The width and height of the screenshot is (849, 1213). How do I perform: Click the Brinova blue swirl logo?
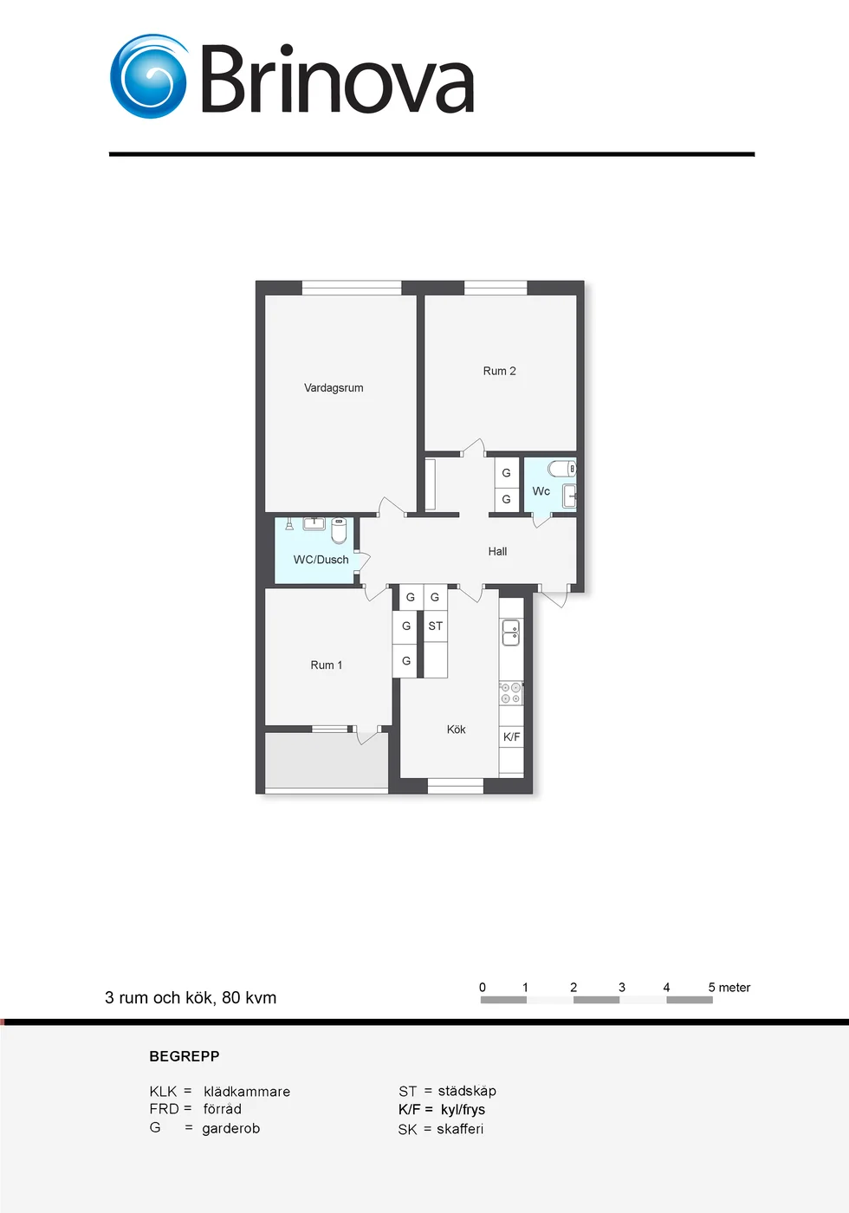pos(149,76)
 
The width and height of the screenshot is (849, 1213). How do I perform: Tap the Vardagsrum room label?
pos(334,388)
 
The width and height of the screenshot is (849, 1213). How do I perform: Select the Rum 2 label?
pos(499,371)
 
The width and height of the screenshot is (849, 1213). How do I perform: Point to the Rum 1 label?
pos(326,665)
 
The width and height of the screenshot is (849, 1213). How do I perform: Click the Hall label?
pos(497,551)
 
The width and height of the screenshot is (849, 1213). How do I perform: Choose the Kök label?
pos(456,730)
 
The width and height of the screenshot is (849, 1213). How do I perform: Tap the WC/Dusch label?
pos(321,560)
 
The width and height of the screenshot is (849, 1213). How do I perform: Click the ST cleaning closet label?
pos(435,626)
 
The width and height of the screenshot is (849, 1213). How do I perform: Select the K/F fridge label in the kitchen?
pos(512,736)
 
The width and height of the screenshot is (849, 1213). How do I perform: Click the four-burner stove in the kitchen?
pos(510,692)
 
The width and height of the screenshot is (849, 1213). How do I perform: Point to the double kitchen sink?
pos(510,632)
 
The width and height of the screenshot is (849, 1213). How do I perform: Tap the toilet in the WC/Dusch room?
pos(339,530)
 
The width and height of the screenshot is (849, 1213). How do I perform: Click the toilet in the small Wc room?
pos(562,468)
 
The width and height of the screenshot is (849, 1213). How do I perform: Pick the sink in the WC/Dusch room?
pos(314,523)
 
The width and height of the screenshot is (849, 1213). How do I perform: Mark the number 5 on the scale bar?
pos(711,987)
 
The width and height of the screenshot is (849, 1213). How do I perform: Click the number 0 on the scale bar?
pos(483,987)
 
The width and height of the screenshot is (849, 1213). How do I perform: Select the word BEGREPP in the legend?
pos(185,1056)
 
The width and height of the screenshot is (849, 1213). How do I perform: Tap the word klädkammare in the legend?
pos(247,1092)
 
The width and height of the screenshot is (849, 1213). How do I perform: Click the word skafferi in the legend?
pos(460,1129)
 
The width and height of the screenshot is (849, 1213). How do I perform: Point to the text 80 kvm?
pos(250,997)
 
